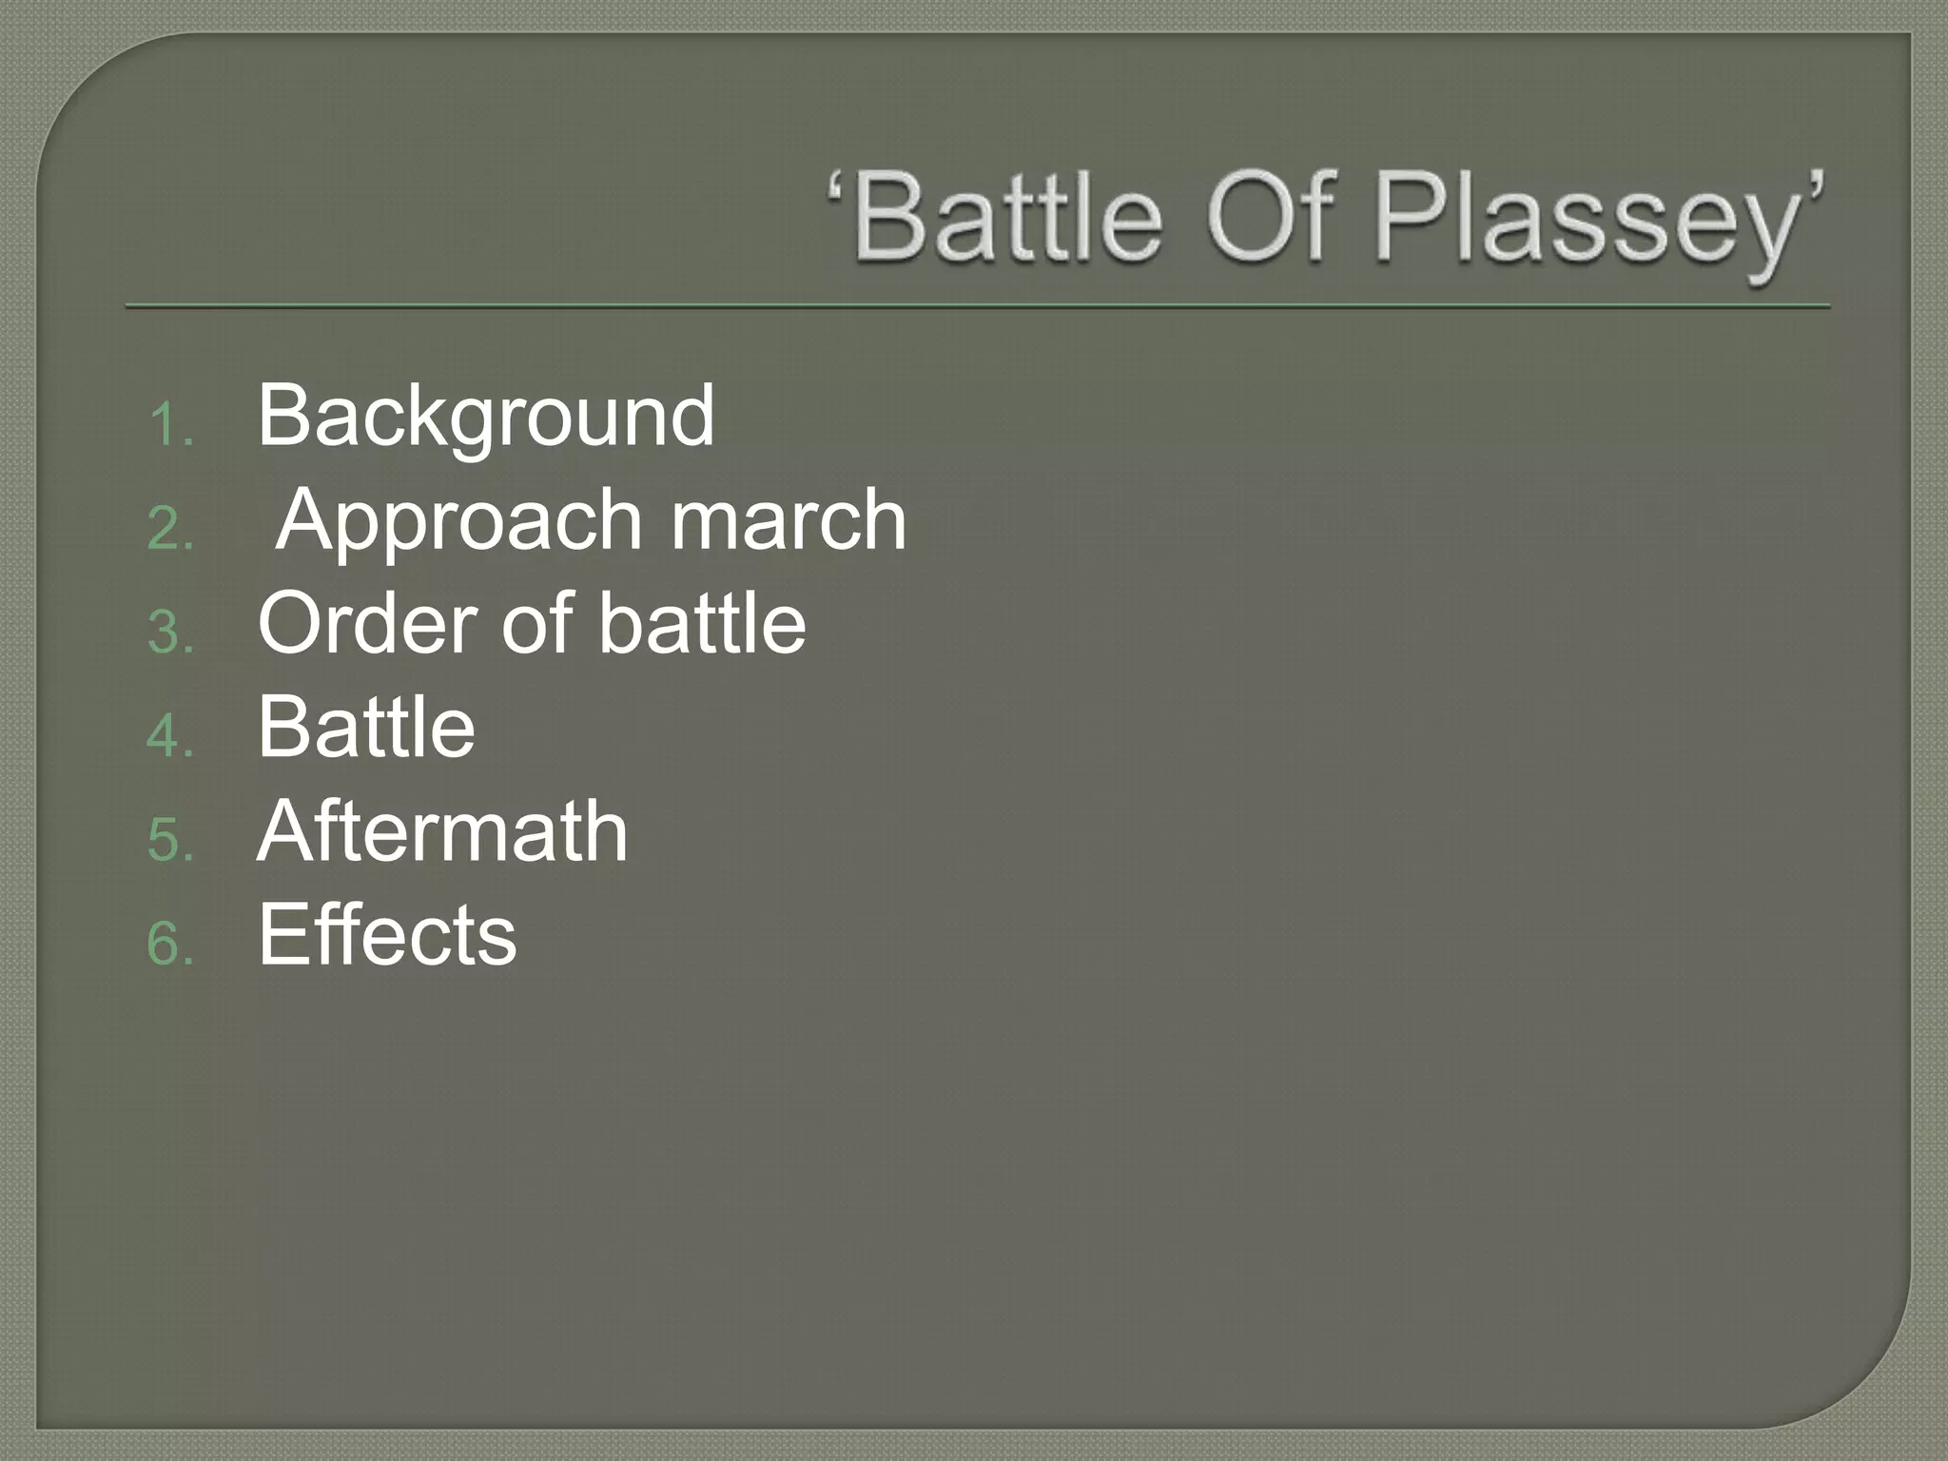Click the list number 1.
(170, 424)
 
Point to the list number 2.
(170, 529)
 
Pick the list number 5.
(170, 841)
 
